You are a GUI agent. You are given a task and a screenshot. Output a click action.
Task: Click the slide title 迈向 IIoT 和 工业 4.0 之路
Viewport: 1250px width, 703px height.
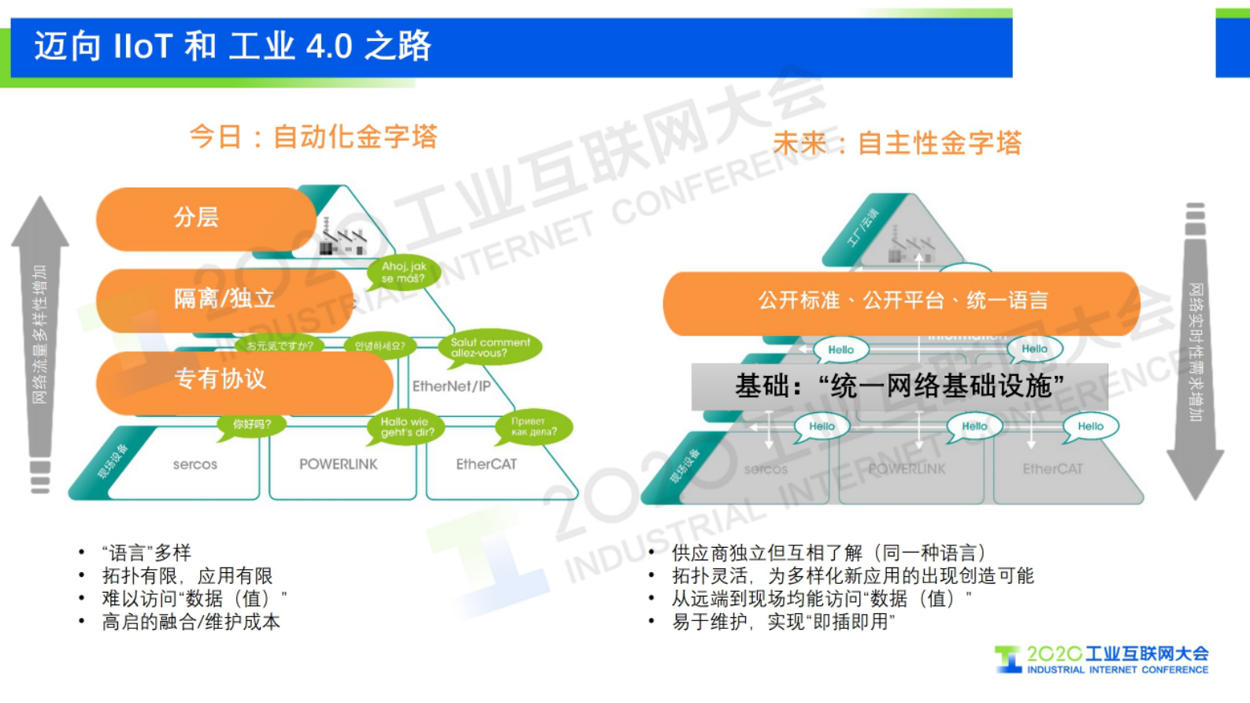(232, 46)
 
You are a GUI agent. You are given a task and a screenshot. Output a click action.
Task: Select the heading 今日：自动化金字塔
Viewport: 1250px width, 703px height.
(313, 137)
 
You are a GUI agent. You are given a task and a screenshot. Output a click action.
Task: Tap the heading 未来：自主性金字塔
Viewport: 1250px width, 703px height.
(896, 143)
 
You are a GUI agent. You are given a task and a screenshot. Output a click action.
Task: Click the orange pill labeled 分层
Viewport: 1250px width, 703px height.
(205, 218)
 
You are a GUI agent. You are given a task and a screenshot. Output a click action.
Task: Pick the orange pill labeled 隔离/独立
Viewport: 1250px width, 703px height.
(224, 299)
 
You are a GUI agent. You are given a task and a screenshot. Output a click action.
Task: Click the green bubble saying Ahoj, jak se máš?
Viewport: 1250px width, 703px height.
(403, 273)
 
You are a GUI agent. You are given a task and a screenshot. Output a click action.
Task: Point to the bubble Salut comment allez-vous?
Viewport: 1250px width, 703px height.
(490, 348)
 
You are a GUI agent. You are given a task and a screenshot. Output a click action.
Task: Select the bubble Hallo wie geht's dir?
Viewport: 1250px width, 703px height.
(406, 427)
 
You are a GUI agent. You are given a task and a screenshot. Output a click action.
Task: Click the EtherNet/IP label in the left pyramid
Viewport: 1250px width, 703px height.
(451, 386)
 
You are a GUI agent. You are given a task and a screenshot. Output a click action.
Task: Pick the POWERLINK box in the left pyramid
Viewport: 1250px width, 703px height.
(339, 465)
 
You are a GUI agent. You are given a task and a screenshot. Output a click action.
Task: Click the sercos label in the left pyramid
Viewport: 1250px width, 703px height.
(195, 465)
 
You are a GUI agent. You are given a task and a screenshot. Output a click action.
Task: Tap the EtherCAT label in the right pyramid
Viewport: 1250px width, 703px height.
(1052, 469)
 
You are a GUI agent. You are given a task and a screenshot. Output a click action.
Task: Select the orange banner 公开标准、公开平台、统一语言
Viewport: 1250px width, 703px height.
(902, 301)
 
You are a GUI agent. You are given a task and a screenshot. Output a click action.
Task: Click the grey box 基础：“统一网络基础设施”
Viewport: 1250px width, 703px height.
(899, 386)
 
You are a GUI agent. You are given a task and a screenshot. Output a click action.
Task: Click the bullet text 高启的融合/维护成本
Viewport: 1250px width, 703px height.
(191, 623)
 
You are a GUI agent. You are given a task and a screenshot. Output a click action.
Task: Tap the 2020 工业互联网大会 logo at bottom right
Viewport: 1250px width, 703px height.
(1103, 660)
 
